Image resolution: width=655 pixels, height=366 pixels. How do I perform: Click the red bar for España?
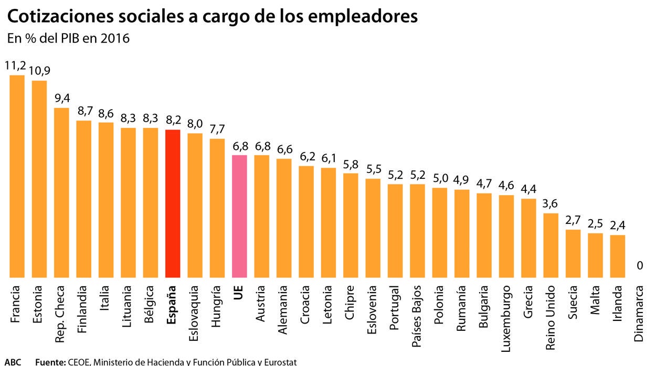pyautogui.click(x=173, y=203)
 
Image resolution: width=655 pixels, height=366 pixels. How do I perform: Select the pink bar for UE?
pyautogui.click(x=239, y=216)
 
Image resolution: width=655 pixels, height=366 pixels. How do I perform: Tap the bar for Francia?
pyautogui.click(x=17, y=176)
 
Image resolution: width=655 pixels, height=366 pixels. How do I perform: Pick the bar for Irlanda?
pyautogui.click(x=617, y=256)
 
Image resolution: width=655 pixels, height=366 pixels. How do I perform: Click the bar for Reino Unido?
pyautogui.click(x=551, y=245)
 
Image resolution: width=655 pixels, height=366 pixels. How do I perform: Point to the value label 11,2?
pyautogui.click(x=16, y=66)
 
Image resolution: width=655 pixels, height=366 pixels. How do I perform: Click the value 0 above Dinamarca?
pyautogui.click(x=639, y=266)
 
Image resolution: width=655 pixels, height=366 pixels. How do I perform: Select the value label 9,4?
pyautogui.click(x=61, y=98)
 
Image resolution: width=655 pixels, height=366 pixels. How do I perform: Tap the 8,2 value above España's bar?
pyautogui.click(x=173, y=120)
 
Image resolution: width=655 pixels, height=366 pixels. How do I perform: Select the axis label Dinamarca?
pyautogui.click(x=639, y=313)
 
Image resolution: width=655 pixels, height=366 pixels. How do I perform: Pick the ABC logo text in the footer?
pyautogui.click(x=14, y=361)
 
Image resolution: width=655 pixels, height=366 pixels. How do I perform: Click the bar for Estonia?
pyautogui.click(x=39, y=179)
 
